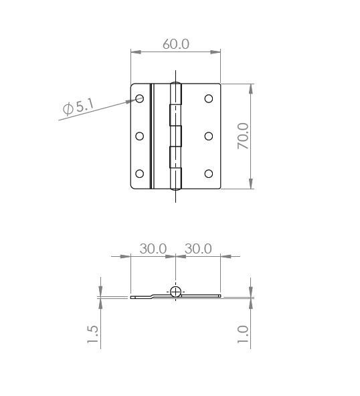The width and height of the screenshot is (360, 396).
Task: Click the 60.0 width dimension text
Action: [176, 44]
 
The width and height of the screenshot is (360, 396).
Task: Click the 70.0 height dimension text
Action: [243, 136]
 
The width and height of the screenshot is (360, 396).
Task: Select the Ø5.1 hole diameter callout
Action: [78, 107]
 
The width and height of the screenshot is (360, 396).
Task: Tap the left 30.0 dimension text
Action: [153, 249]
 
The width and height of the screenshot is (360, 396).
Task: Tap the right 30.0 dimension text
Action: [198, 249]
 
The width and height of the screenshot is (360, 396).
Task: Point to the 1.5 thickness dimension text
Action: [92, 334]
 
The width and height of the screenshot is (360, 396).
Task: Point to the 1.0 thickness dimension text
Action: [243, 334]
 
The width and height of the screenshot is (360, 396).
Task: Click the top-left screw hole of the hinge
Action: [139, 98]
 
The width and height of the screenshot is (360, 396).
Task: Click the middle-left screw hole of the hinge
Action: [139, 136]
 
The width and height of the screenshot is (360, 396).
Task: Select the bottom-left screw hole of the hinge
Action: [139, 174]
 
